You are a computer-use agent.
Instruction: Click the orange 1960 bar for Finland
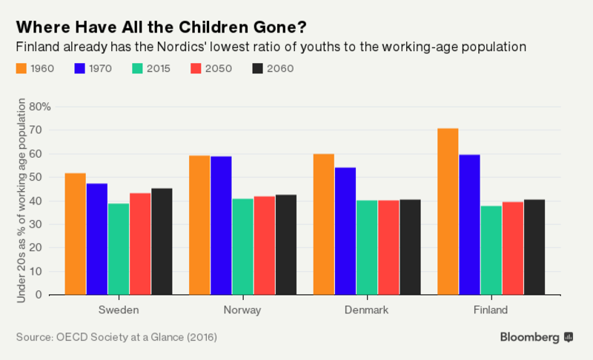tap(448, 211)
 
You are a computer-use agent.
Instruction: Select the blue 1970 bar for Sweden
tap(96, 239)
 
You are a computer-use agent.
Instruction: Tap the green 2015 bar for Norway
tap(242, 247)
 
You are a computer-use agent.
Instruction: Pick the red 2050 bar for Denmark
tap(388, 247)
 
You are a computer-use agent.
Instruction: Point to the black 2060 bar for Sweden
tap(161, 241)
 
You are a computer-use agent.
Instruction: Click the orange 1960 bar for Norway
tap(199, 224)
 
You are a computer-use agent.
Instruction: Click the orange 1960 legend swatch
tap(22, 69)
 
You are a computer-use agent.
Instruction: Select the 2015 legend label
tap(159, 69)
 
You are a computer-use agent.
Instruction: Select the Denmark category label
tap(365, 310)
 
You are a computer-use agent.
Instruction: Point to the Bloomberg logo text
tap(530, 337)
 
